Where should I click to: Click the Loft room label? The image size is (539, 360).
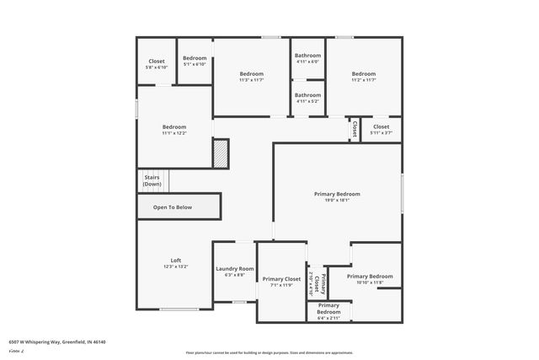[x=175, y=263]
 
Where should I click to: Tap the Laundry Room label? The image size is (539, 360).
[x=234, y=271]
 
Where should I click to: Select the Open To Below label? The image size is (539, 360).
[x=172, y=207]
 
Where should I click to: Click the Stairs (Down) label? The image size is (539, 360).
[x=152, y=180]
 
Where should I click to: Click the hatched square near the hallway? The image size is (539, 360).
[x=220, y=154]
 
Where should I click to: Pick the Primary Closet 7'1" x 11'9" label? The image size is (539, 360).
[x=281, y=282]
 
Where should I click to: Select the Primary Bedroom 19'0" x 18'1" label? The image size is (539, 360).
[x=337, y=196]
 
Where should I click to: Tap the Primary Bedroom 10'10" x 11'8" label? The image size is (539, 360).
[x=369, y=279]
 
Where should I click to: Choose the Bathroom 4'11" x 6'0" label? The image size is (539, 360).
[x=307, y=58]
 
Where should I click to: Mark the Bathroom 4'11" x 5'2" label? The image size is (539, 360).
[x=307, y=98]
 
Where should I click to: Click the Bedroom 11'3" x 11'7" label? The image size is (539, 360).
[x=251, y=77]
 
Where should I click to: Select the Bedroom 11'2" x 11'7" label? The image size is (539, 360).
[x=363, y=77]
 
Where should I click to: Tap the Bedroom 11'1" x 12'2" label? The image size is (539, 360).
[x=173, y=129]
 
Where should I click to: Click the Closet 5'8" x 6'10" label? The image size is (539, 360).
[x=157, y=64]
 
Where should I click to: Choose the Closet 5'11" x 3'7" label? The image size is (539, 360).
[x=381, y=129]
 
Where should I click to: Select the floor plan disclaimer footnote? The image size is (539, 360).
[x=269, y=352]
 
